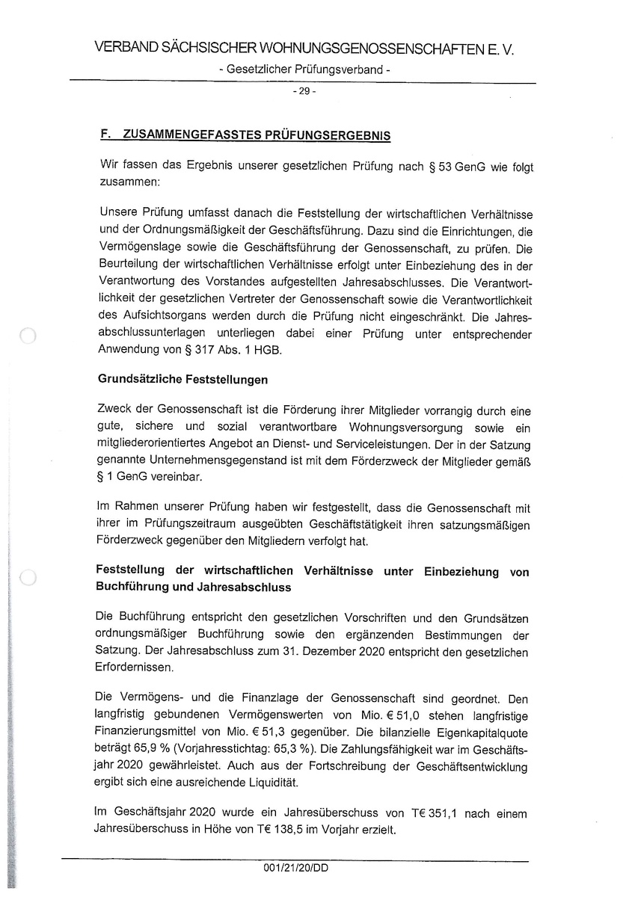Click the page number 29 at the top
[306, 92]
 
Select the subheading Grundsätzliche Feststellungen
[182, 380]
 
